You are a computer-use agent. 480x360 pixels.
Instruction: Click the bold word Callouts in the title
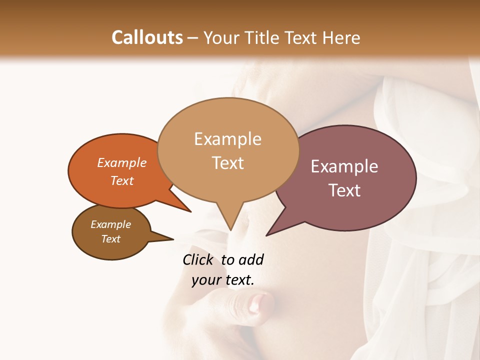pyautogui.click(x=147, y=37)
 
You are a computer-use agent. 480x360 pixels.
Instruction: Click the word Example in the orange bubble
pyautogui.click(x=122, y=162)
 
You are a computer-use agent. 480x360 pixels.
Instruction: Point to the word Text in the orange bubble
pyautogui.click(x=122, y=180)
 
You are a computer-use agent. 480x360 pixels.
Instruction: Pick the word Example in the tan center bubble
pyautogui.click(x=227, y=139)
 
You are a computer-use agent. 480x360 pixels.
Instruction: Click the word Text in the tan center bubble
pyautogui.click(x=227, y=163)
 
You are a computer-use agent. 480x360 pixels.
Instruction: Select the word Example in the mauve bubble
pyautogui.click(x=344, y=166)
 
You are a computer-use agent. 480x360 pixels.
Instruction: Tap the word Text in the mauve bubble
pyautogui.click(x=344, y=190)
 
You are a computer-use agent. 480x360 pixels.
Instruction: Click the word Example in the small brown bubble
pyautogui.click(x=111, y=224)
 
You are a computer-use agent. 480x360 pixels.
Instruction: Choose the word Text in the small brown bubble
pyautogui.click(x=111, y=239)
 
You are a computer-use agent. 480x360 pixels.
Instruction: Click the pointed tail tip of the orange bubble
pyautogui.click(x=190, y=211)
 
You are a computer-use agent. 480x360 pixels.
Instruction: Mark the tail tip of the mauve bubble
pyautogui.click(x=266, y=235)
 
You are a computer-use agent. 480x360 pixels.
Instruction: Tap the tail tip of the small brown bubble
pyautogui.click(x=173, y=239)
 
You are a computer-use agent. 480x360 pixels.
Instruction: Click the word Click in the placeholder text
pyautogui.click(x=198, y=259)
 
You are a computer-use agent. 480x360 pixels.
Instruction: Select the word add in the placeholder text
pyautogui.click(x=250, y=259)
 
